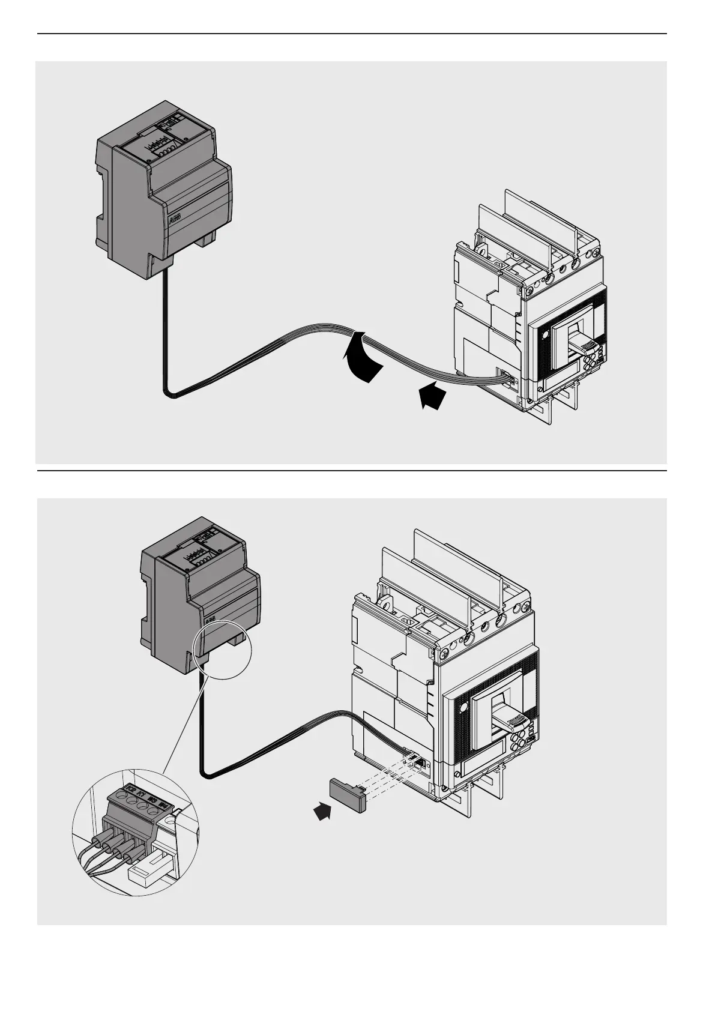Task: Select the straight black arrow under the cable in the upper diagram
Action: (x=432, y=397)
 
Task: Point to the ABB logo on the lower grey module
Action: (x=211, y=620)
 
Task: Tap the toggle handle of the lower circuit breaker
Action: (x=501, y=716)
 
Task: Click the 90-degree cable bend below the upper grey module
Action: (x=167, y=391)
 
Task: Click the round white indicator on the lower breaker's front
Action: (x=463, y=709)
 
